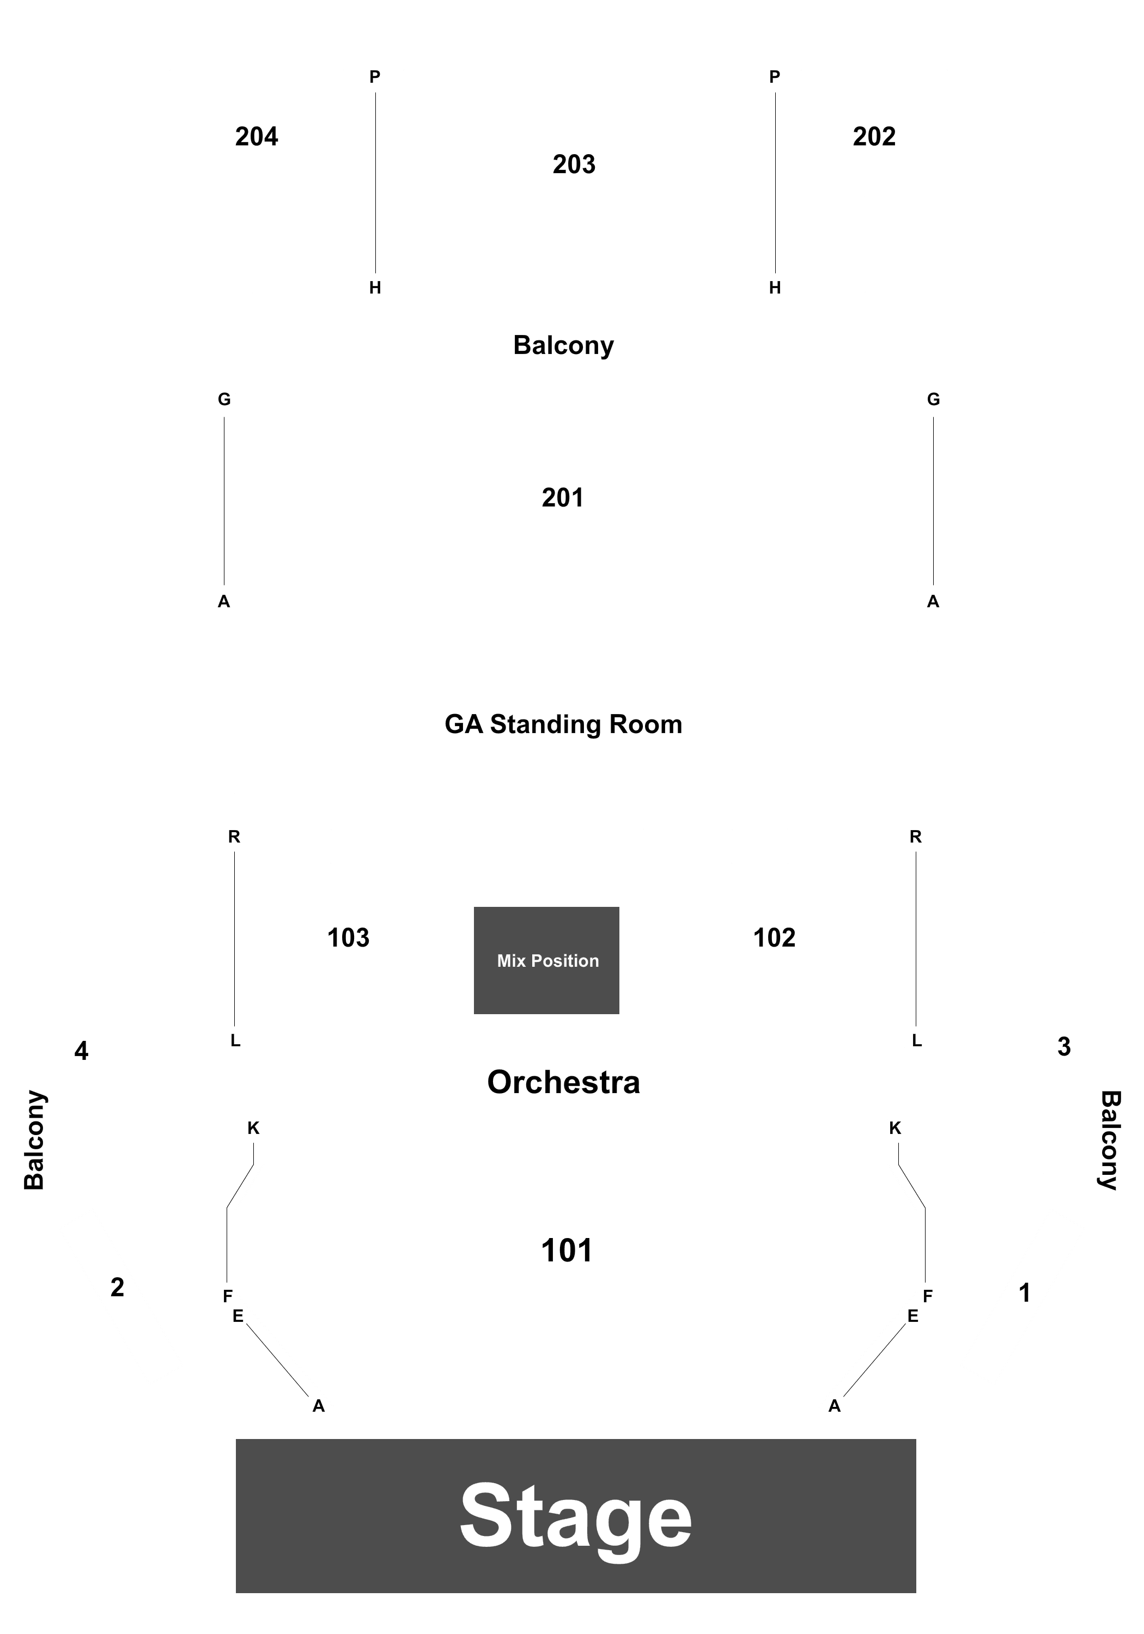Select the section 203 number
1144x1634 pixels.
coord(574,164)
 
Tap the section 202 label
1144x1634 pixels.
coord(874,137)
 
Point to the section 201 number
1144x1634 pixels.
coord(562,497)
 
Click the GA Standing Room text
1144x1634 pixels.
coord(563,724)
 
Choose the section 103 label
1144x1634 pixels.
coord(348,938)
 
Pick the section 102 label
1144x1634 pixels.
coord(775,938)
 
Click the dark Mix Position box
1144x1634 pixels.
coord(547,960)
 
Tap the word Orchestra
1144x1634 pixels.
coord(563,1082)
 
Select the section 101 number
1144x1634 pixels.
coord(567,1251)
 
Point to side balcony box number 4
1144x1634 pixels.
coord(81,1051)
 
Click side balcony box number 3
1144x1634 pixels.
coord(1063,1047)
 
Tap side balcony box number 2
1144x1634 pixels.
coord(118,1287)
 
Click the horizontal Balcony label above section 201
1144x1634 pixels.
coord(563,345)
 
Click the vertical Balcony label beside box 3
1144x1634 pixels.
coord(1110,1140)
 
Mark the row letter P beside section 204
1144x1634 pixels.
coord(374,77)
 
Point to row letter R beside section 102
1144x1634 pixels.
coord(916,837)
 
